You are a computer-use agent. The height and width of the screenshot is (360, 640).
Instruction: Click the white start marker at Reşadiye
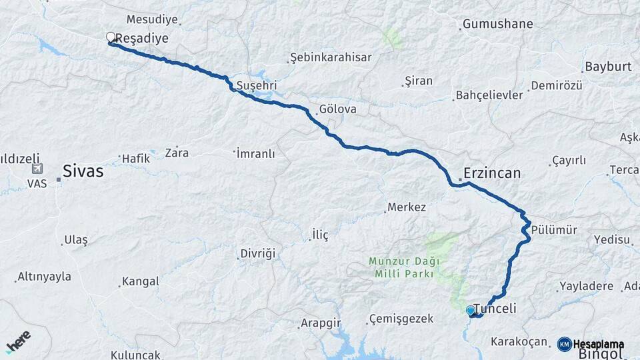111,37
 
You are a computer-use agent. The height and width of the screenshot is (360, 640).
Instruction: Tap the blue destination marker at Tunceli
471,310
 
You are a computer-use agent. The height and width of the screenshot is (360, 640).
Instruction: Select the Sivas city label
83,171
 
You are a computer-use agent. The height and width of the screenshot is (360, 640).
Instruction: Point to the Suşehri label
257,86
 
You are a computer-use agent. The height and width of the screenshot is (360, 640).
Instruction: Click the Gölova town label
337,109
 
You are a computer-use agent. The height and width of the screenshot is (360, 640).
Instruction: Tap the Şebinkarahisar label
332,58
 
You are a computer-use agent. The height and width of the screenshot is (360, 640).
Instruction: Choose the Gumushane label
498,25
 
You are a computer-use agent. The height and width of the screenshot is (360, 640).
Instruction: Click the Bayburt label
607,67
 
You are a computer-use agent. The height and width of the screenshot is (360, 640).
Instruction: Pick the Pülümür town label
554,230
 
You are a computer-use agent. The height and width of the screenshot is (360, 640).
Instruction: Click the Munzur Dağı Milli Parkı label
401,267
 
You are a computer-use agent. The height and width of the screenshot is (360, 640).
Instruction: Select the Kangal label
141,281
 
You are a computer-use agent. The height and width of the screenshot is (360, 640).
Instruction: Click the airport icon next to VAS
37,169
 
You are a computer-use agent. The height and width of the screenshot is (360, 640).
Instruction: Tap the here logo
18,341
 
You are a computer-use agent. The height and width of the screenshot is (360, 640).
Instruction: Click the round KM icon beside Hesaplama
565,344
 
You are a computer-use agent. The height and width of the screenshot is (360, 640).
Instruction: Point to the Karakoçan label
519,342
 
